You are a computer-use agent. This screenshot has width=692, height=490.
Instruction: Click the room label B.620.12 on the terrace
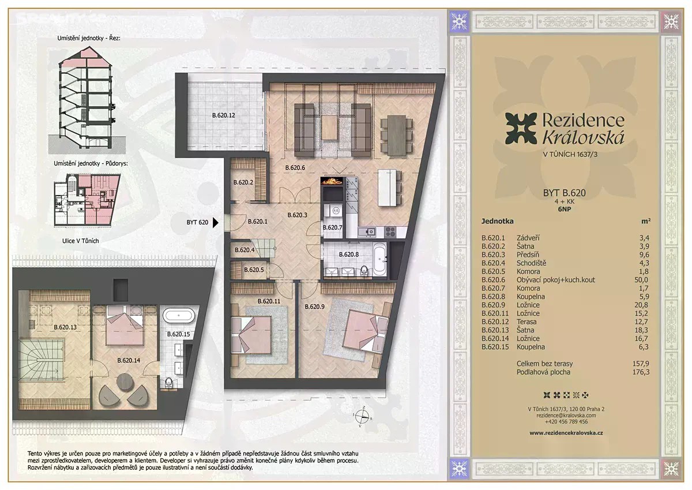pos(223,115)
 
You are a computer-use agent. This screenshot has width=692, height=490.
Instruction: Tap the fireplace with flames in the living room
pos(332,181)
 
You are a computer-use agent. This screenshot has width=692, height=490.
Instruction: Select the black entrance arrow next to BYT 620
pos(216,222)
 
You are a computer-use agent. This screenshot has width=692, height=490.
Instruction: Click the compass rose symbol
pos(362,417)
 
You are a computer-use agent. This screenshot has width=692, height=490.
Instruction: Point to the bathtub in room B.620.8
pos(379,259)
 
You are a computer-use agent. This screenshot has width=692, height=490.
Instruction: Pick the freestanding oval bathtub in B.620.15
pos(179,316)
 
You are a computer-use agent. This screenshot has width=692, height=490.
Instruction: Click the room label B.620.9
pos(314,306)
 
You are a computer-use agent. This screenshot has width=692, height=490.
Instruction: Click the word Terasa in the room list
pos(526,321)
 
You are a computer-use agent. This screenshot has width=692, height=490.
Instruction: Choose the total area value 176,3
pos(641,372)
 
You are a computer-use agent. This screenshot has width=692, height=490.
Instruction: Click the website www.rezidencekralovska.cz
pos(566,433)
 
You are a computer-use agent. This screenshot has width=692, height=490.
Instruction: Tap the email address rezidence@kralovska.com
pos(566,416)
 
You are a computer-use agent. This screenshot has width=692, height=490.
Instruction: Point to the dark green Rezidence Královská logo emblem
pos(521,129)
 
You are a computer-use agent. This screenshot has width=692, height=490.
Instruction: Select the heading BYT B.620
pos(565,193)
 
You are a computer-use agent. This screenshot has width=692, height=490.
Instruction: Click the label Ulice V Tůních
pos(81,241)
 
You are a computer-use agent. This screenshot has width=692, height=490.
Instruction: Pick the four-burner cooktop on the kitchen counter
pos(390,231)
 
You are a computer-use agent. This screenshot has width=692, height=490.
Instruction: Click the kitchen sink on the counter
pos(367,231)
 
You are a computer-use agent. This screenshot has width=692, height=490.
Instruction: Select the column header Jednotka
pos(497,222)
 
